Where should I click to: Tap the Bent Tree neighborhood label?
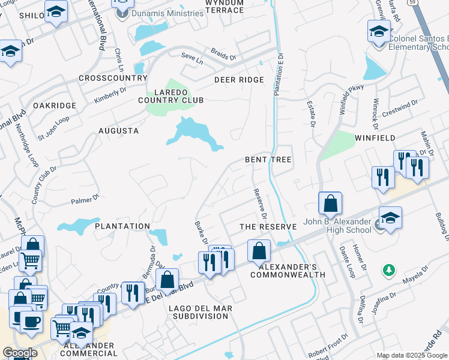(x=268, y=160)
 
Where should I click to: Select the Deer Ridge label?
(x=239, y=80)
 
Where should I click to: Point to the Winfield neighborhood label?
(x=375, y=138)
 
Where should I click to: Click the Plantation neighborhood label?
(x=122, y=226)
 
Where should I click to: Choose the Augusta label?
(x=118, y=130)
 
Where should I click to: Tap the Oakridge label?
(x=55, y=106)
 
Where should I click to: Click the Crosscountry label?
(x=112, y=78)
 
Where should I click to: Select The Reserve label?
(x=268, y=227)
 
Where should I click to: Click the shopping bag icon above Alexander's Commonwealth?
(x=259, y=250)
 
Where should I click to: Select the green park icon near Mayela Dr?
(x=390, y=271)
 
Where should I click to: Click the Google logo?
(x=20, y=353)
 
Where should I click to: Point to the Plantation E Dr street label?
(x=278, y=73)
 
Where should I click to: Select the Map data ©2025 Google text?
(x=411, y=355)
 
